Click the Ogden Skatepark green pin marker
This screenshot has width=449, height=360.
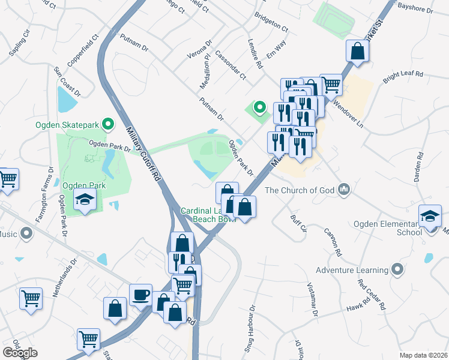pyautogui.click(x=107, y=124)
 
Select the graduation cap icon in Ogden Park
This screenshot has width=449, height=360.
pyautogui.click(x=85, y=201)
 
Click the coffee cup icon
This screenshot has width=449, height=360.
pyautogui.click(x=140, y=295)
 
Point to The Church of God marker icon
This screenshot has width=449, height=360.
pyautogui.click(x=344, y=190)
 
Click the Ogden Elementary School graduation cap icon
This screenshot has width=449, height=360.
pyautogui.click(x=430, y=215)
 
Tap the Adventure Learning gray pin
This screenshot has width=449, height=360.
pyautogui.click(x=396, y=269)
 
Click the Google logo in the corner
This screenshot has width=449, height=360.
pyautogui.click(x=20, y=353)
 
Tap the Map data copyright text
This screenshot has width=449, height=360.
pyautogui.click(x=424, y=355)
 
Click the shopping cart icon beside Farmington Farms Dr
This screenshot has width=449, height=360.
pyautogui.click(x=7, y=179)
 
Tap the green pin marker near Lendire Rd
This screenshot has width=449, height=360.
pyautogui.click(x=259, y=107)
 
